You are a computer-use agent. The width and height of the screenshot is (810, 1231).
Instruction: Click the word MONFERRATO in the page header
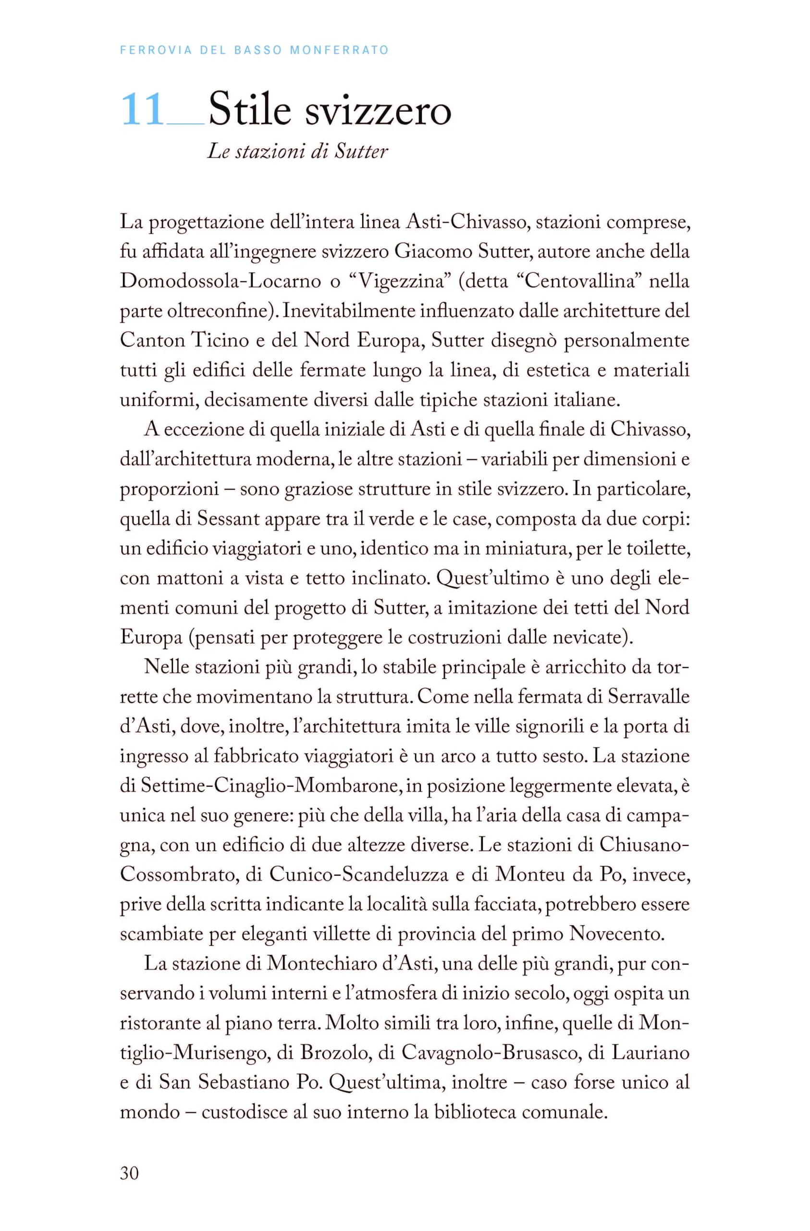click(339, 50)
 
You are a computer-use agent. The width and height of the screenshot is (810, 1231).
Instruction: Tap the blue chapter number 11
click(142, 110)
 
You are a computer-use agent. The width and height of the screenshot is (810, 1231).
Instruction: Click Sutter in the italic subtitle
click(361, 151)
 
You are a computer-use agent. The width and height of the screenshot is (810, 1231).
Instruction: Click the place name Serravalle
click(649, 696)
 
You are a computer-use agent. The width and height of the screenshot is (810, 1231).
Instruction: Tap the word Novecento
click(617, 934)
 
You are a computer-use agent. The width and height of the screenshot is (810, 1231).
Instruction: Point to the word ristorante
click(158, 1023)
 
